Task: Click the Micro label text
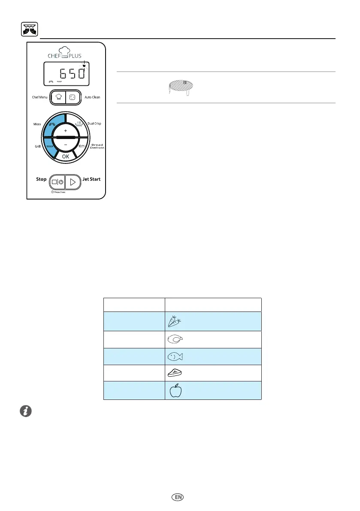[37, 124]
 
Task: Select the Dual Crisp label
[94, 124]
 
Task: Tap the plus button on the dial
[65, 130]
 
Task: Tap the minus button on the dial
[65, 145]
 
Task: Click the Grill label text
[37, 146]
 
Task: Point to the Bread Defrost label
[97, 146]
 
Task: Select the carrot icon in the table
[175, 322]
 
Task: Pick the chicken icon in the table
[175, 339]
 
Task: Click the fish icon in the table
[175, 356]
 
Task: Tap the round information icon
[26, 411]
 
